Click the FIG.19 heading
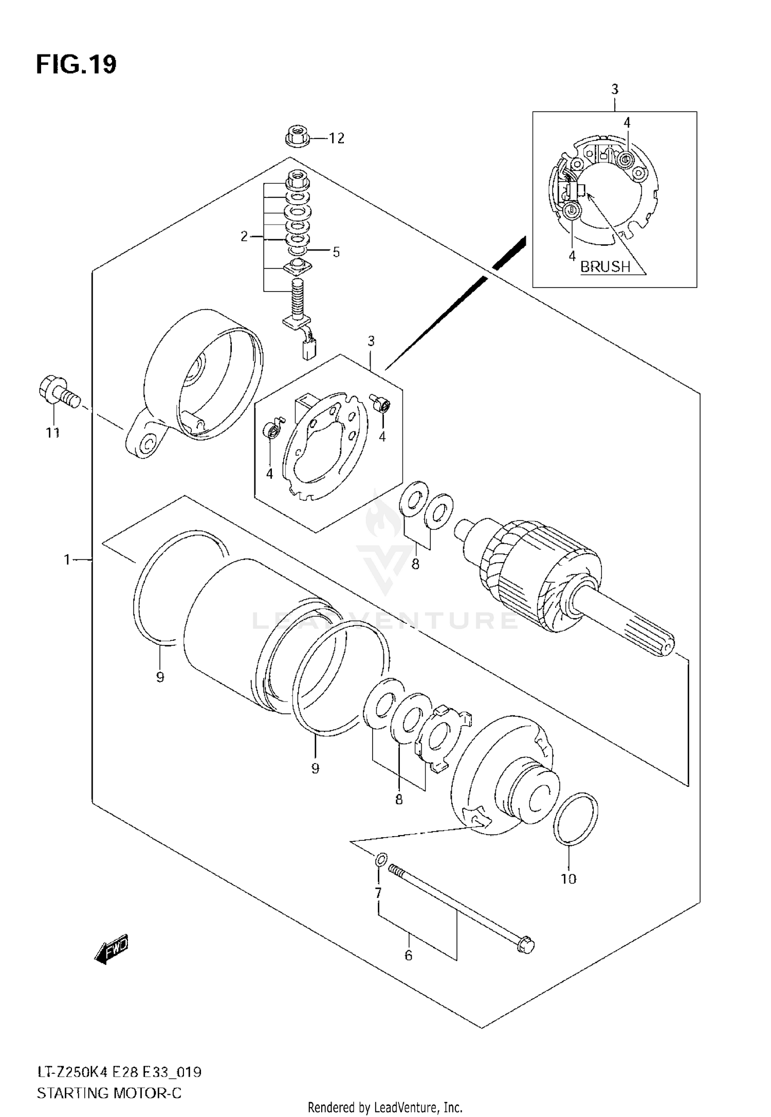click(x=76, y=65)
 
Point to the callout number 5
click(x=336, y=252)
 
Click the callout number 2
click(x=244, y=237)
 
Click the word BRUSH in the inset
click(x=605, y=266)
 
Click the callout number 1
click(x=67, y=559)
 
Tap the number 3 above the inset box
click(x=615, y=89)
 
